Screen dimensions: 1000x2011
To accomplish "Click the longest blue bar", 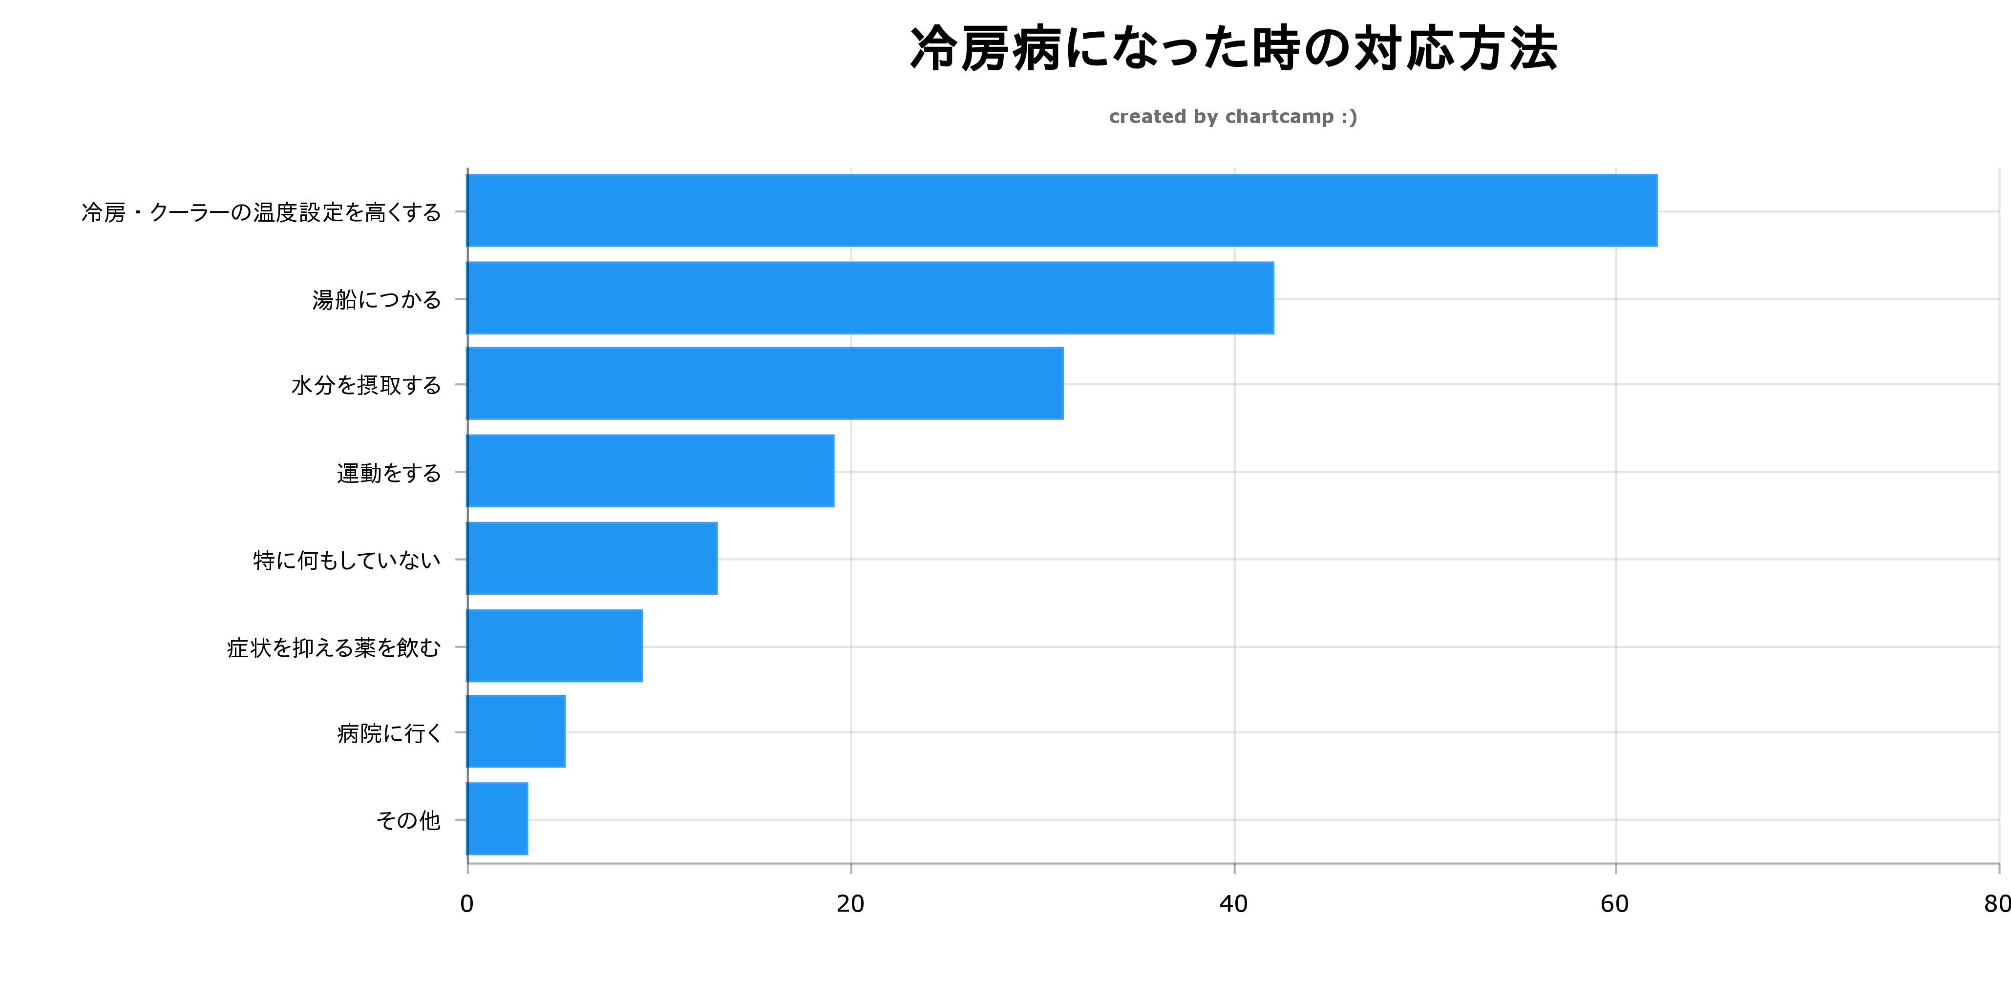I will (1062, 211).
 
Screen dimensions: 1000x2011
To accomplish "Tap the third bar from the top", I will (765, 383).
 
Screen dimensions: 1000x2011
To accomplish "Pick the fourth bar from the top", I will (650, 471).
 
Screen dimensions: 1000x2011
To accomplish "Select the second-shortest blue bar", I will (516, 731).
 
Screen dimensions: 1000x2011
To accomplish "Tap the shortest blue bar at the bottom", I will (497, 819).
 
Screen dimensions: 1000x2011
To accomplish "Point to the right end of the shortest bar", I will (526, 819).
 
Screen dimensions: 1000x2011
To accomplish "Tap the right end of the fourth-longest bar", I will (832, 471).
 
